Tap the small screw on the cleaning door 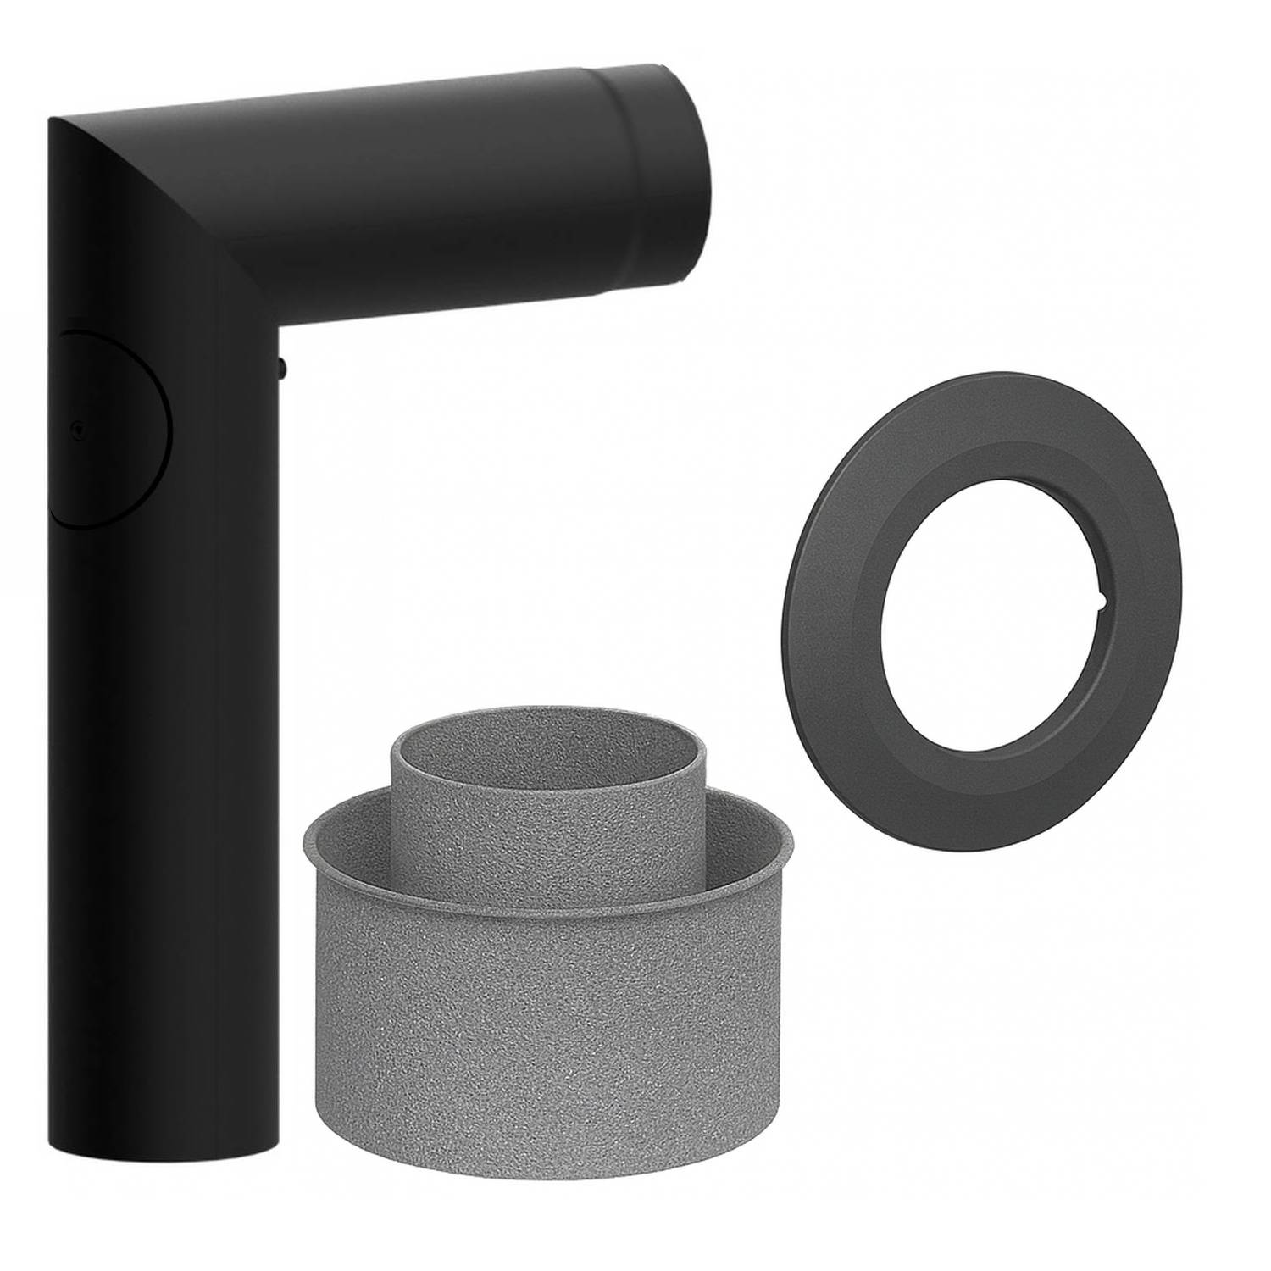tap(78, 429)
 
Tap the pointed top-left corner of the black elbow tap(53, 121)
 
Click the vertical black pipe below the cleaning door tap(161, 805)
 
